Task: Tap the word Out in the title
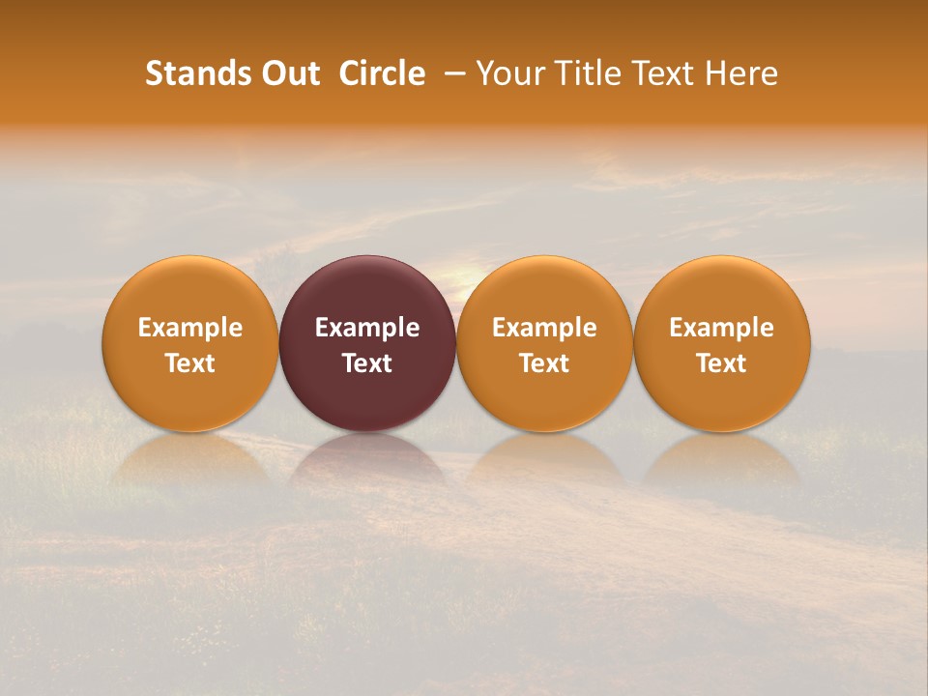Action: pos(288,73)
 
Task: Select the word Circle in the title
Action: pos(382,73)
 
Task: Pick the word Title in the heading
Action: pos(588,73)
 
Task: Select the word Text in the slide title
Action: pos(668,73)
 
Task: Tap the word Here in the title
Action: pos(742,73)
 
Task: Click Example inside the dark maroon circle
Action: pos(367,328)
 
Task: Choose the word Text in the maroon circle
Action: pos(367,363)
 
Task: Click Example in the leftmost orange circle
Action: pos(190,328)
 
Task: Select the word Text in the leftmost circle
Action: pos(190,363)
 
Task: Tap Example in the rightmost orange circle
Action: pos(722,328)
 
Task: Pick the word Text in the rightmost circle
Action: pos(722,363)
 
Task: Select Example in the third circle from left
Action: pos(544,328)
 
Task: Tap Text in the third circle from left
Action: pos(544,363)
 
